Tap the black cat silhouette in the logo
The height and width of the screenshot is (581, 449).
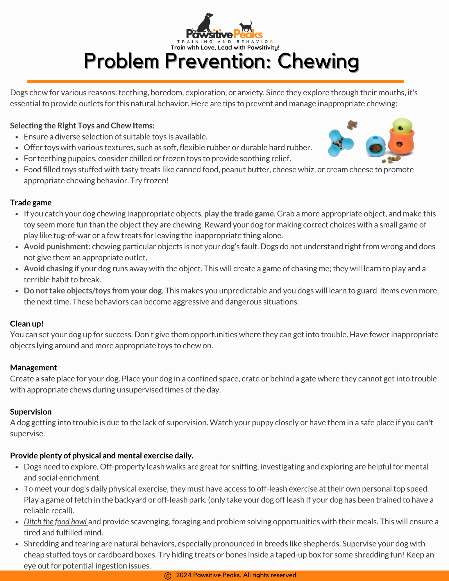pyautogui.click(x=246, y=27)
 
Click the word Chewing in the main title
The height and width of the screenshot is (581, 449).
pyautogui.click(x=318, y=61)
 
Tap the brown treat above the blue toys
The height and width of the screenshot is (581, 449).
pyautogui.click(x=352, y=125)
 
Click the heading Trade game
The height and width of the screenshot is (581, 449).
pyautogui.click(x=31, y=202)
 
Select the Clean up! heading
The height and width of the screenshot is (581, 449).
pyautogui.click(x=27, y=324)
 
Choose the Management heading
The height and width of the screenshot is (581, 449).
pyautogui.click(x=34, y=367)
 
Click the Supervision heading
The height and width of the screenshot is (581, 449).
pyautogui.click(x=31, y=412)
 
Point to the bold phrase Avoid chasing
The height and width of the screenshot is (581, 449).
pyautogui.click(x=48, y=268)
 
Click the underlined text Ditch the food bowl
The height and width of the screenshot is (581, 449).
pyautogui.click(x=56, y=521)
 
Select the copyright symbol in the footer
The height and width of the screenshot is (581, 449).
pyautogui.click(x=168, y=575)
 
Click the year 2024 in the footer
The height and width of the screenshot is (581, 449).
pyautogui.click(x=184, y=575)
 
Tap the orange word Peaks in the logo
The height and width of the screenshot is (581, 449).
pyautogui.click(x=248, y=35)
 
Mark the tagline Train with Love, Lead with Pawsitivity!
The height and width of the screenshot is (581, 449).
pyautogui.click(x=225, y=48)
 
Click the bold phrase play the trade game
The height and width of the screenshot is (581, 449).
pyautogui.click(x=239, y=214)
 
